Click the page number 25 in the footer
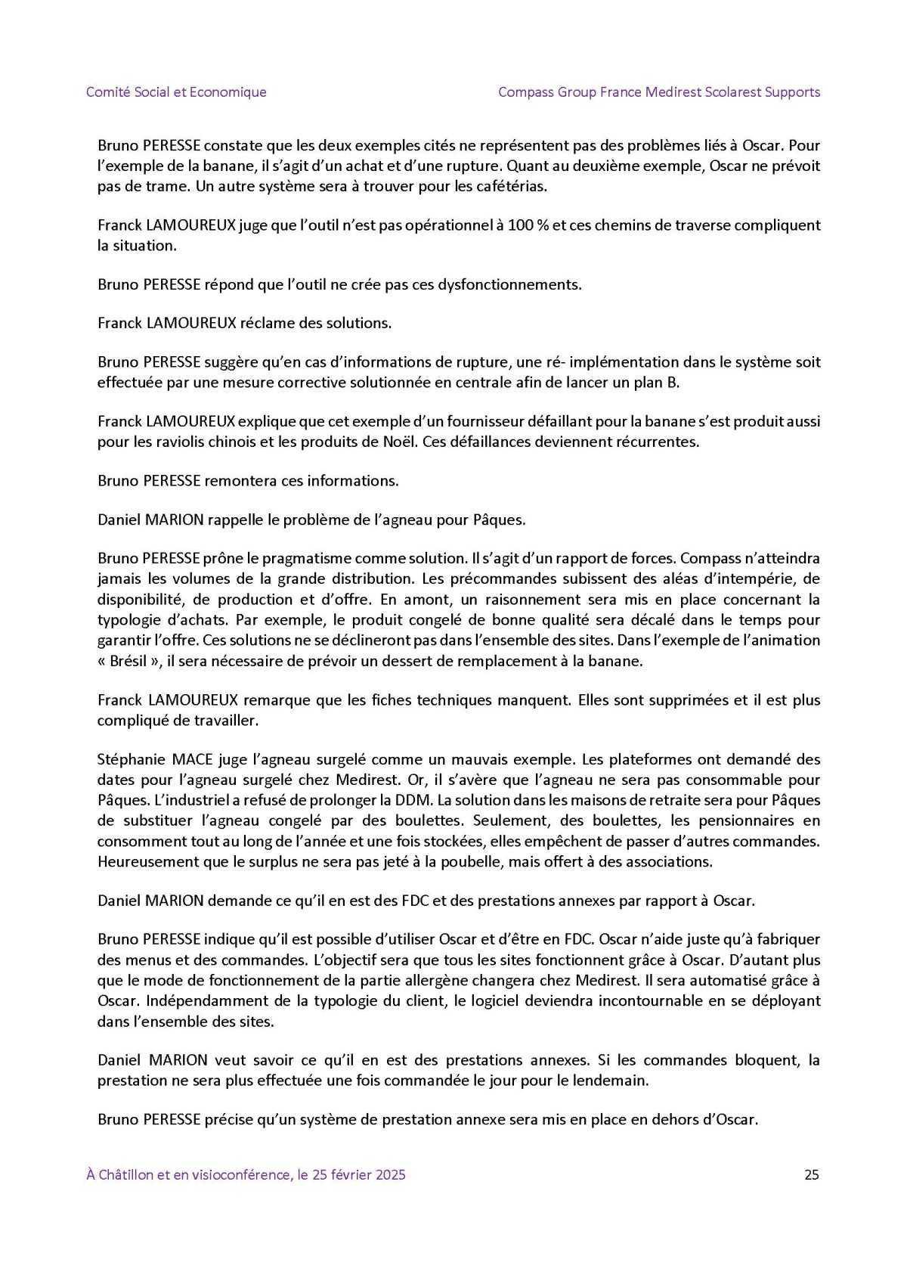pyautogui.click(x=812, y=1174)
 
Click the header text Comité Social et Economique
pyautogui.click(x=176, y=92)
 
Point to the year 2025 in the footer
pyautogui.click(x=389, y=1174)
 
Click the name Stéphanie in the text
pyautogui.click(x=132, y=760)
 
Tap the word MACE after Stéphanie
pyautogui.click(x=194, y=760)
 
